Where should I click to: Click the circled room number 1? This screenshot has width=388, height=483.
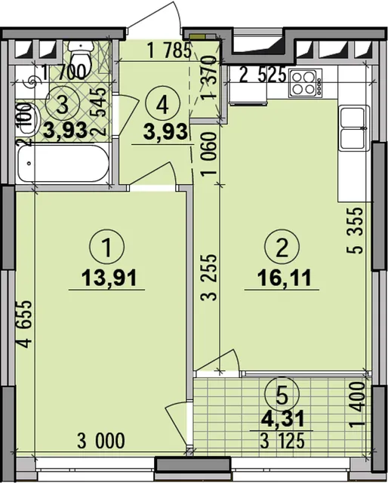pyautogui.click(x=107, y=246)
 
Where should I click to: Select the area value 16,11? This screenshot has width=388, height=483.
pyautogui.click(x=284, y=278)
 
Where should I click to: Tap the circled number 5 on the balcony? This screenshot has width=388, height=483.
pyautogui.click(x=282, y=394)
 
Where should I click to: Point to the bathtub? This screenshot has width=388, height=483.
pyautogui.click(x=63, y=164)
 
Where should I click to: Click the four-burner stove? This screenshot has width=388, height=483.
pyautogui.click(x=305, y=83)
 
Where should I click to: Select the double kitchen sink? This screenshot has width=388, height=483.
pyautogui.click(x=354, y=128)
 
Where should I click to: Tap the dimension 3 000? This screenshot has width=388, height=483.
pyautogui.click(x=101, y=441)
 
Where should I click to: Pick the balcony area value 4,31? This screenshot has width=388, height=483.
pyautogui.click(x=282, y=419)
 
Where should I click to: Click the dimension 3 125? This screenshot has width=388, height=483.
pyautogui.click(x=282, y=441)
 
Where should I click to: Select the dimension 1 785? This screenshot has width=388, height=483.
pyautogui.click(x=170, y=51)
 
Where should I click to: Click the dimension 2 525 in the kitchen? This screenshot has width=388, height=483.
pyautogui.click(x=263, y=75)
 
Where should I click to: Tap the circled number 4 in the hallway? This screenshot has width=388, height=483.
pyautogui.click(x=162, y=106)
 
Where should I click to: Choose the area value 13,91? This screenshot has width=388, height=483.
pyautogui.click(x=109, y=278)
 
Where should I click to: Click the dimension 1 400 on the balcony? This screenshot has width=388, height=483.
pyautogui.click(x=358, y=405)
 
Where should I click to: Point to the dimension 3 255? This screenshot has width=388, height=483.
pyautogui.click(x=208, y=277)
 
